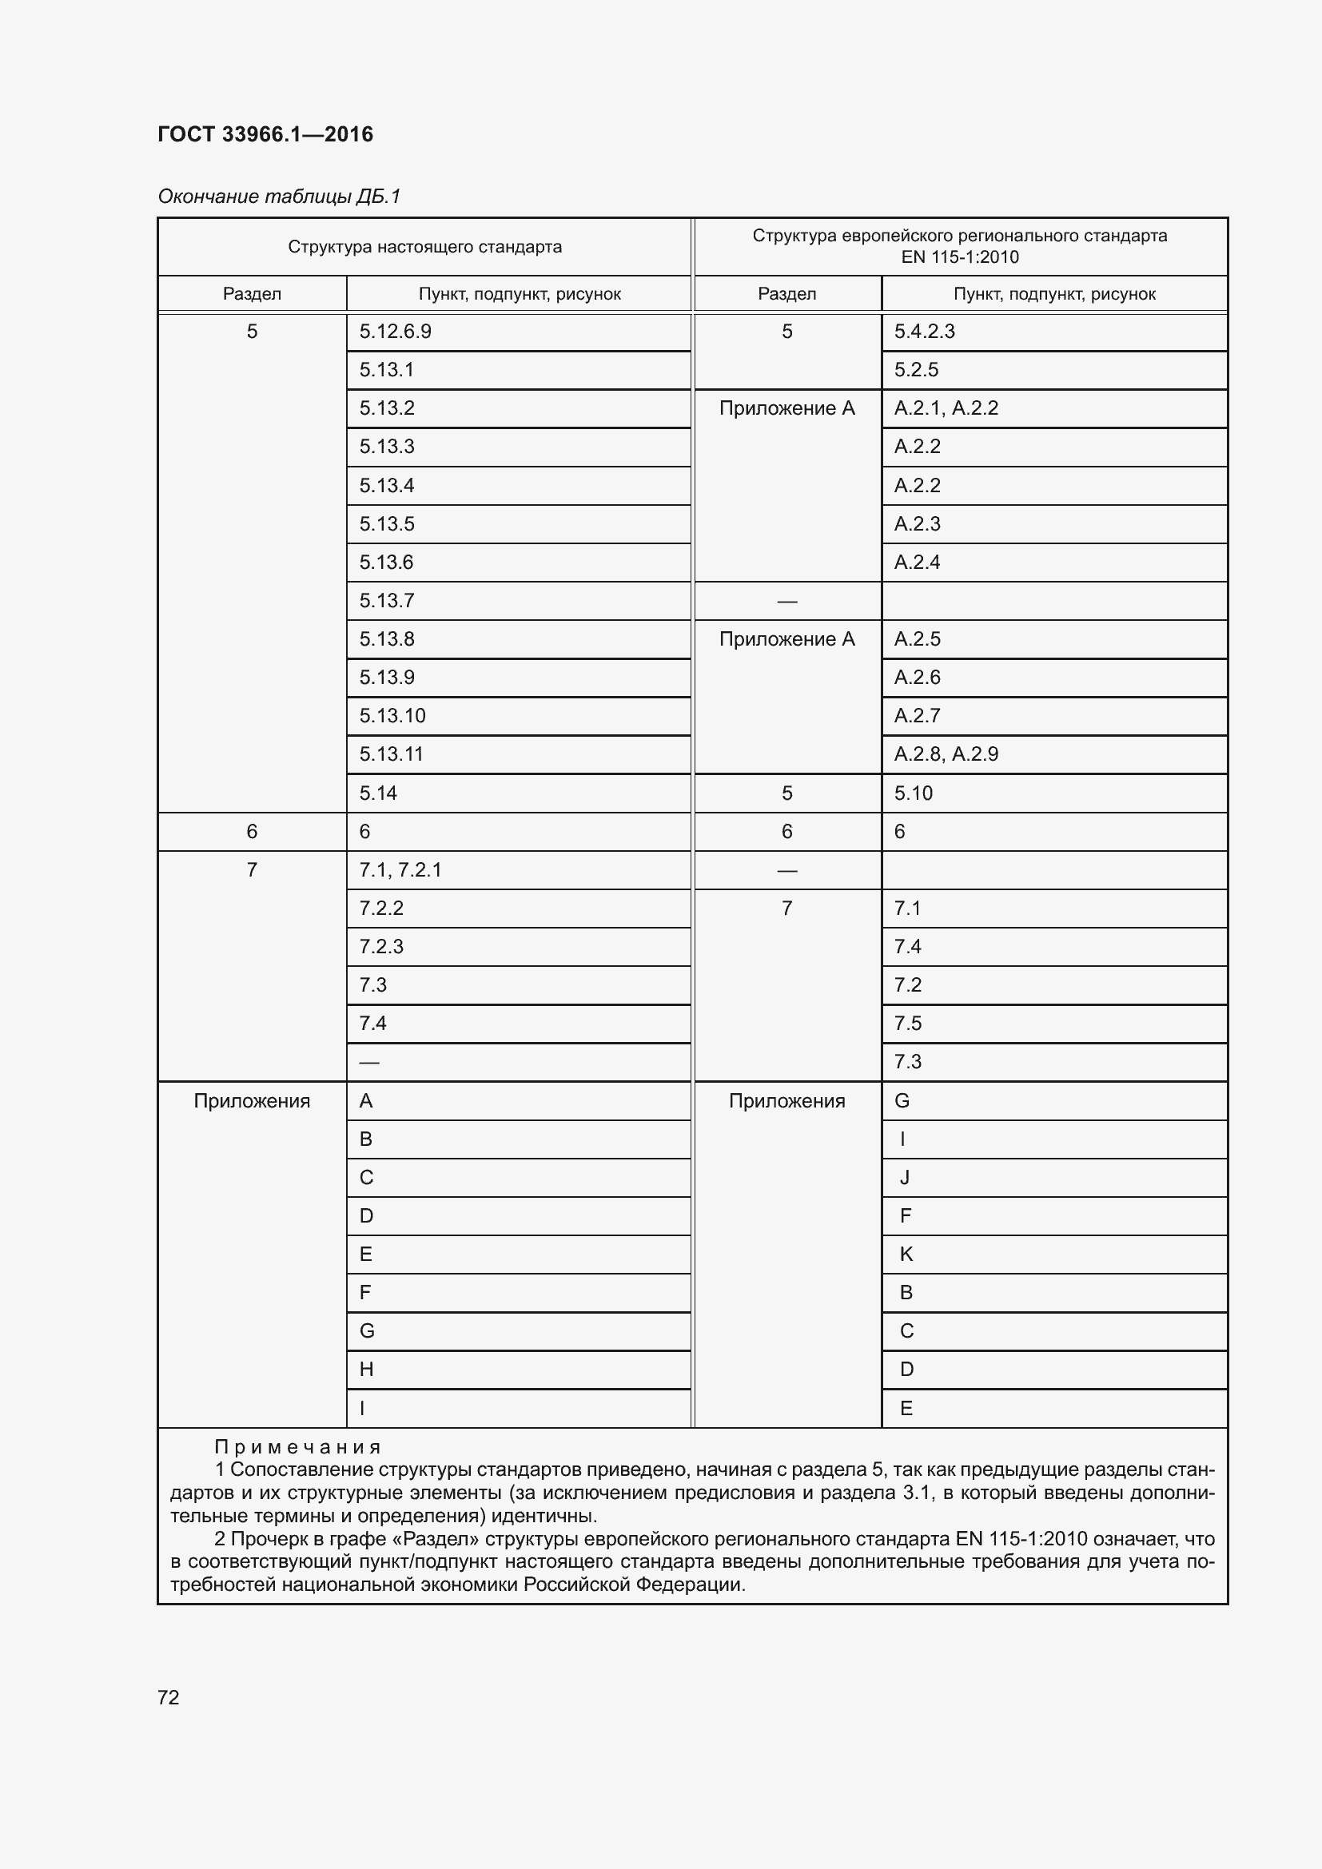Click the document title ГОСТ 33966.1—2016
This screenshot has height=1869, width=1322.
tap(265, 134)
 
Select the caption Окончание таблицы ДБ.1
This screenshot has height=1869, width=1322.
tap(279, 197)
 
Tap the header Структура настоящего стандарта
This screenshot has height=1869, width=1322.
tap(424, 247)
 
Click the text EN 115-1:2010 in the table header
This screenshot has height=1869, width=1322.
tap(960, 257)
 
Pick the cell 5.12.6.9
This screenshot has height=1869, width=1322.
tap(396, 332)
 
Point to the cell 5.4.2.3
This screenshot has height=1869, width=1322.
tap(924, 332)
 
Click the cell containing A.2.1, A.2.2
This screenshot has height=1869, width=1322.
tap(946, 408)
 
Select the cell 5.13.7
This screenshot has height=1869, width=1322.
tap(387, 601)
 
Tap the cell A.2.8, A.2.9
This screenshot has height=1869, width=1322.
tap(946, 754)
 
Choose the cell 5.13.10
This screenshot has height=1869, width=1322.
tap(392, 715)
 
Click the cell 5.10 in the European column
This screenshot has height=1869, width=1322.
tap(914, 793)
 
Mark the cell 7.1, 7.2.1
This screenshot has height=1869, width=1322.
tap(400, 869)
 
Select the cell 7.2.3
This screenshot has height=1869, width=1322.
tap(381, 947)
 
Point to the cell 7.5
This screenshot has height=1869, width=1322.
tap(908, 1024)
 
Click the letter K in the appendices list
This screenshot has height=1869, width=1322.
tap(906, 1254)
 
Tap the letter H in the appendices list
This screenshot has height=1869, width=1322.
tap(366, 1370)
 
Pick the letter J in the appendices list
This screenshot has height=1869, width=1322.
tap(905, 1177)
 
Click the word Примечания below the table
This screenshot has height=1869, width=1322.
tap(298, 1446)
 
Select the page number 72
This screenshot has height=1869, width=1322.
tap(169, 1697)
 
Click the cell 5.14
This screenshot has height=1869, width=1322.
tap(379, 793)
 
